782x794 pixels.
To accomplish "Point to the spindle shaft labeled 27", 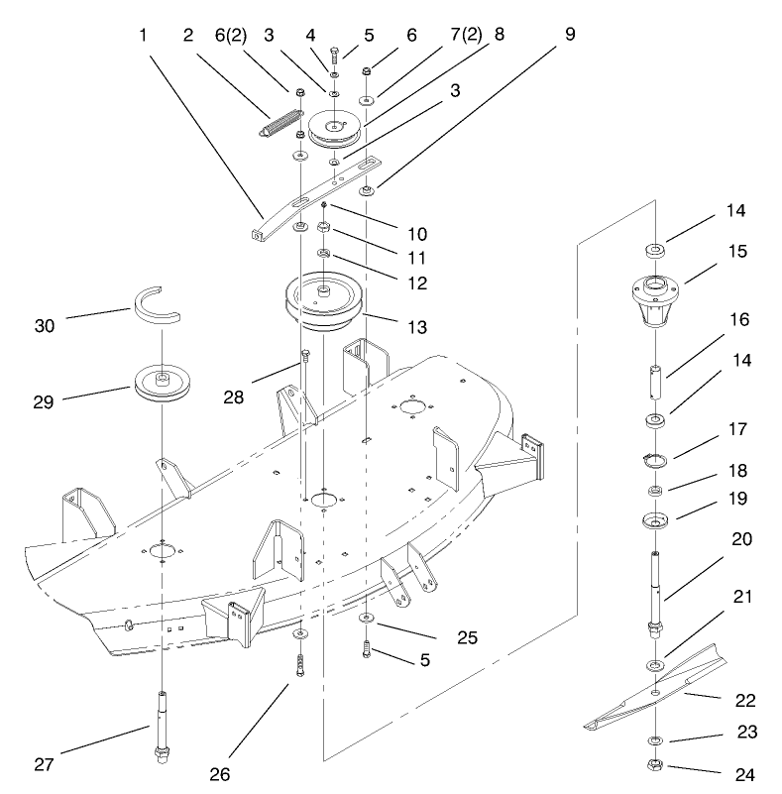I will click(x=161, y=728).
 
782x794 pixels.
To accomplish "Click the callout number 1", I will click(x=144, y=34).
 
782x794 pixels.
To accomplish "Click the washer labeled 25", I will click(x=366, y=620).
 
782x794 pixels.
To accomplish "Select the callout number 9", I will click(x=569, y=34).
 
